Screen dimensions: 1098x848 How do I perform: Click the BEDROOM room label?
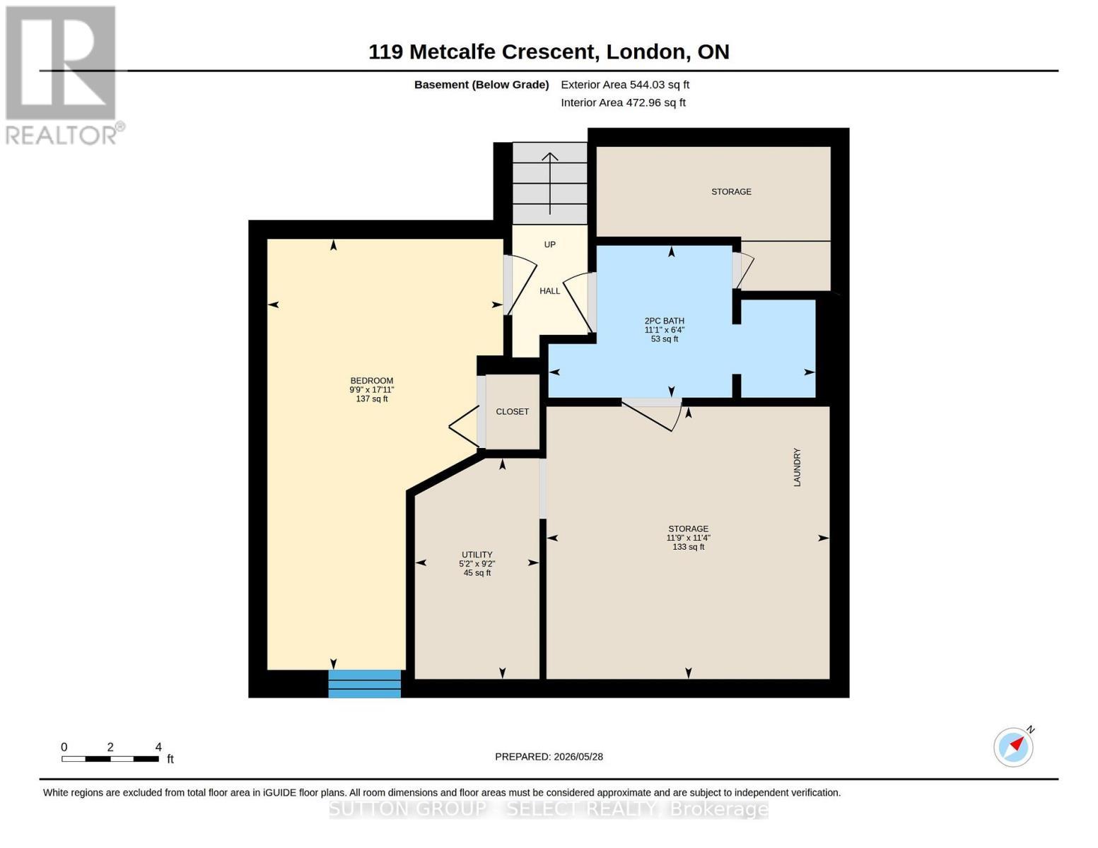371,381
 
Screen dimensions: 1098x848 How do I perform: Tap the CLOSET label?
512,411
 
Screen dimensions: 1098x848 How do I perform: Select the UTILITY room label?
477,555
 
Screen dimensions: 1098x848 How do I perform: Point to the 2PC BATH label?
664,321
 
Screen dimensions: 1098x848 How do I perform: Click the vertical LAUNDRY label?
797,467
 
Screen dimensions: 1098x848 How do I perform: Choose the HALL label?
549,291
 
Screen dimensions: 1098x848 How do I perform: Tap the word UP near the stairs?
549,245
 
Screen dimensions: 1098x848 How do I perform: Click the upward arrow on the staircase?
549,183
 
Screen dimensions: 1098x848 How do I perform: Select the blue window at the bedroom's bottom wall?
364,684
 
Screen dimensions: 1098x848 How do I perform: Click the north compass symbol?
1014,746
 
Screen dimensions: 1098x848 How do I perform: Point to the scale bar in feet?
110,758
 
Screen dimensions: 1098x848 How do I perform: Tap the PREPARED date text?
549,757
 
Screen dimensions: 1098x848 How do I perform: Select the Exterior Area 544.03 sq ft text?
625,85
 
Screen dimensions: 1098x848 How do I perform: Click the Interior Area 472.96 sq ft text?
623,102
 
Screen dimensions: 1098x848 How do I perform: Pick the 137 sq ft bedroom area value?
371,399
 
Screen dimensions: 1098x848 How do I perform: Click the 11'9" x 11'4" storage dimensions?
688,538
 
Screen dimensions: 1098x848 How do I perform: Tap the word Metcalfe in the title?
452,52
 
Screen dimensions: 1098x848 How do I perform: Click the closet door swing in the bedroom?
464,427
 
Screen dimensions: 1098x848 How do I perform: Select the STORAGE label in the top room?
731,192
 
